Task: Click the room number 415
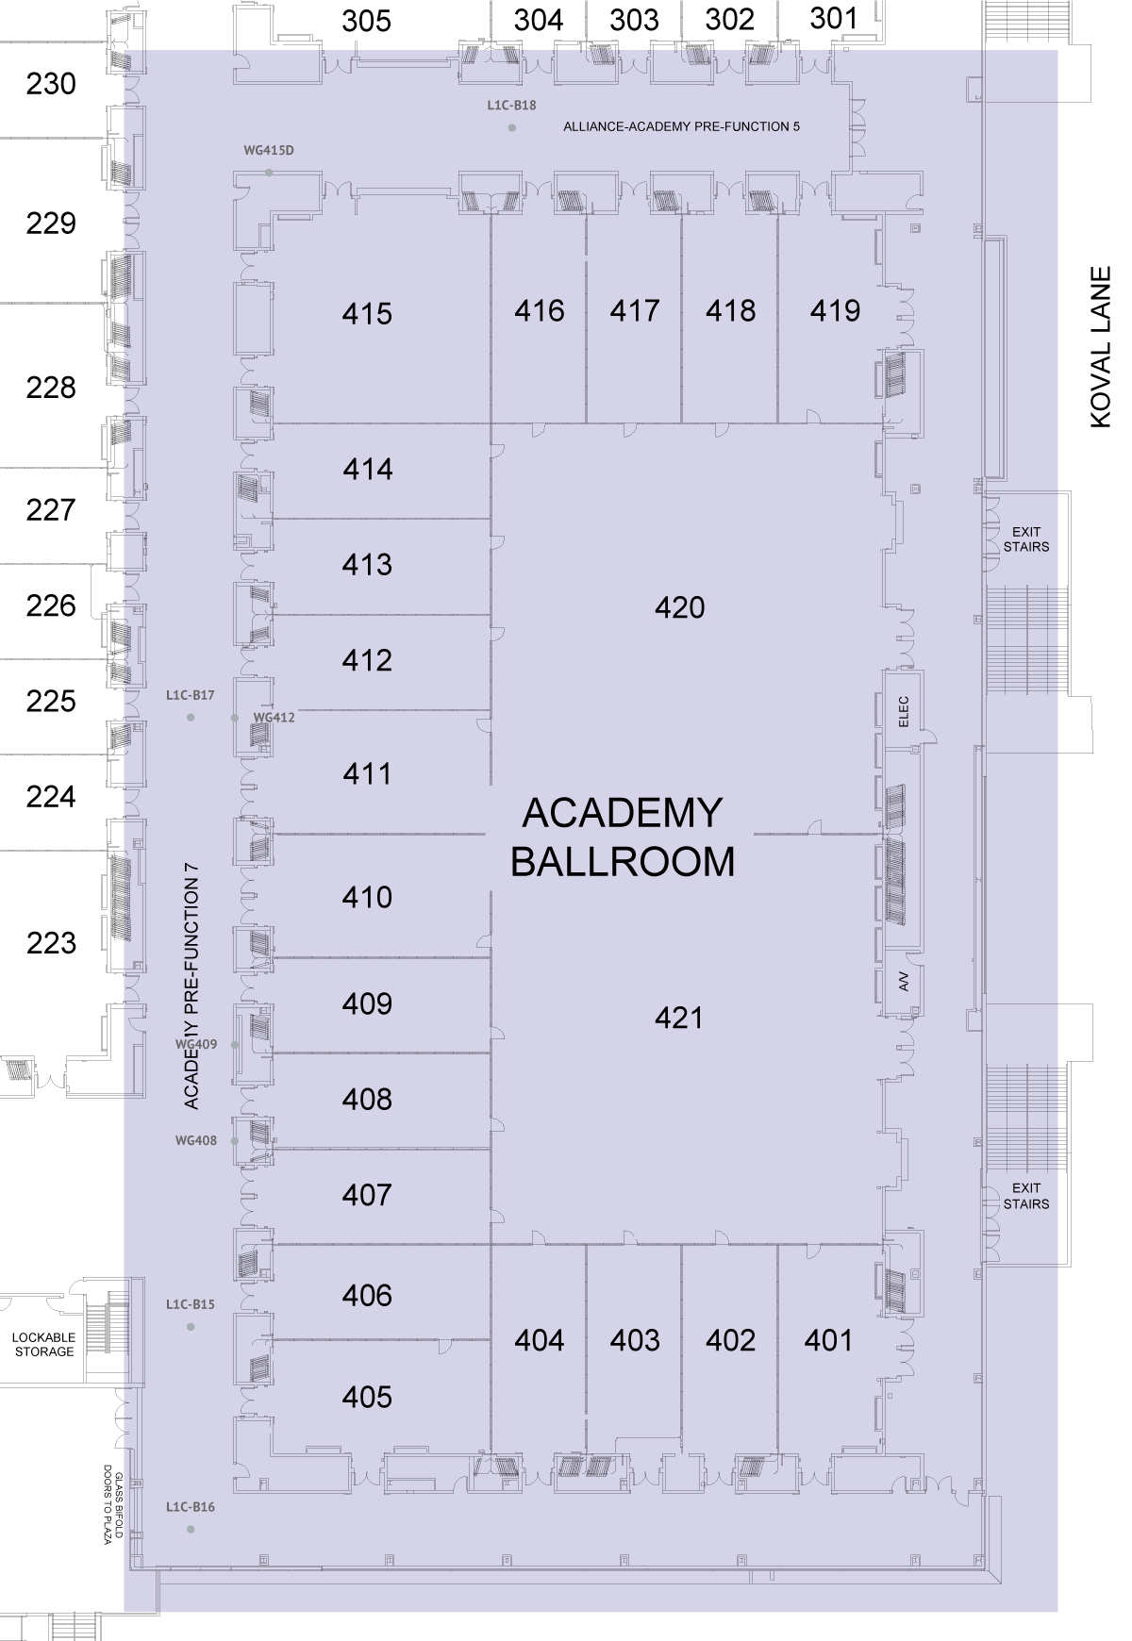367,314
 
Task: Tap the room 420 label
679,607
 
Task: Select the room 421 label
679,1018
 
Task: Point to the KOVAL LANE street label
1101,348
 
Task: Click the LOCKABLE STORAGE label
44,1344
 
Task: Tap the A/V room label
903,982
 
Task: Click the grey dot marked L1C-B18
512,127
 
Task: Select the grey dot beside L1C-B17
191,718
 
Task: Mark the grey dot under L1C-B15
191,1327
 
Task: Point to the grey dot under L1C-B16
191,1529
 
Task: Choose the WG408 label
196,1140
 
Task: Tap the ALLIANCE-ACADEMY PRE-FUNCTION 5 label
681,126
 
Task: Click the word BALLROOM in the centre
623,862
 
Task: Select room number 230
51,85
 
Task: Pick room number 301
834,18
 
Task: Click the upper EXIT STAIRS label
1026,539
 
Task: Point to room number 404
540,1340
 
